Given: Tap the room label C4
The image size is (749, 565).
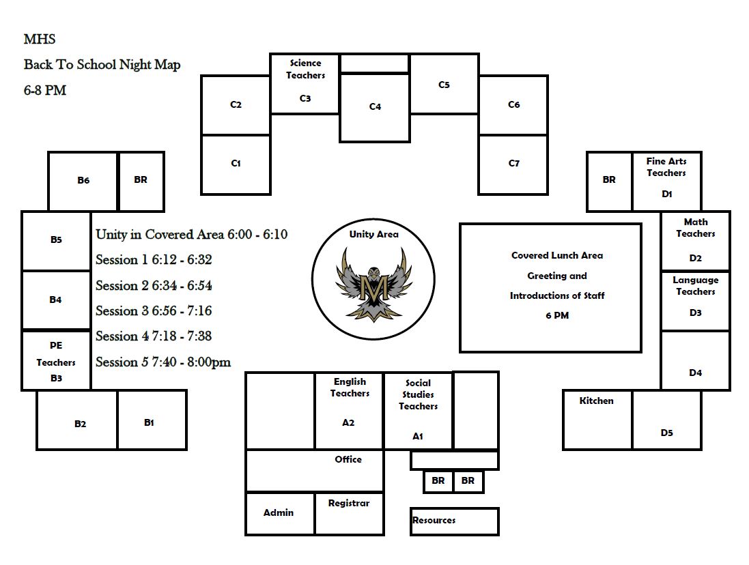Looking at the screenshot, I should (375, 107).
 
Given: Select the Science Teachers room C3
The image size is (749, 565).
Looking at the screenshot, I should (305, 83).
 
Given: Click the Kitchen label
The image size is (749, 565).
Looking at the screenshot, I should (596, 401).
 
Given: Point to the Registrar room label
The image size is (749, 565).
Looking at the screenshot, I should (349, 504).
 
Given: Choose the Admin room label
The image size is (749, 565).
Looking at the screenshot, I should (279, 513).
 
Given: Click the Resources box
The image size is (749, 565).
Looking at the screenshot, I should (454, 521).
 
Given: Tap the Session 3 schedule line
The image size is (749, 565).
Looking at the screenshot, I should (154, 311).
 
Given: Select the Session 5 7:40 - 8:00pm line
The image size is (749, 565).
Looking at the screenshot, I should (163, 362).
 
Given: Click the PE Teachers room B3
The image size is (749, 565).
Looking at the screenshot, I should (56, 361).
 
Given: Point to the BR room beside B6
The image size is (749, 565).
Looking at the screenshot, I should (141, 181).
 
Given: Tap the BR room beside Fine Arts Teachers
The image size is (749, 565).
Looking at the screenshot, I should (609, 181).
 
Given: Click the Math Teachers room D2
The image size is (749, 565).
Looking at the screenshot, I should (695, 240).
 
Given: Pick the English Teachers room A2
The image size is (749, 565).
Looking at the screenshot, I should (349, 409).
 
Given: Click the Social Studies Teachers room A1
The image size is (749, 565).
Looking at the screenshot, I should (418, 411).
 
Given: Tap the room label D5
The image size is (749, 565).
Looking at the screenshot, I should (666, 433).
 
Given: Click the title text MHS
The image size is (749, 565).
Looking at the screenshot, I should (40, 40).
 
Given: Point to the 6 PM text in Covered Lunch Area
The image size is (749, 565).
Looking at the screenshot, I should (557, 316).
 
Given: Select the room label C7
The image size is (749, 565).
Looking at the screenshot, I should (514, 164).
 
